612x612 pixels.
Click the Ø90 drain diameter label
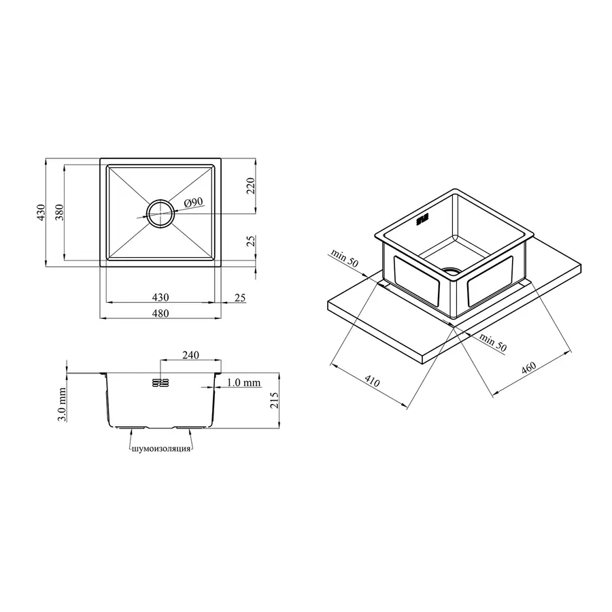tap(194, 202)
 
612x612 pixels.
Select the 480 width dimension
tap(160, 313)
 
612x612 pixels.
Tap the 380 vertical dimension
tap(59, 212)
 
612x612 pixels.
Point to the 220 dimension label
tap(250, 186)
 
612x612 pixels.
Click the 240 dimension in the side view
tap(190, 355)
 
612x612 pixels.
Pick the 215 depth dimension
tap(275, 401)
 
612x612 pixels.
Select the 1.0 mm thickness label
tap(243, 382)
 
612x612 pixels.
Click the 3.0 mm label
tap(62, 405)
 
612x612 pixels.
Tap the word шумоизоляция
tap(161, 449)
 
